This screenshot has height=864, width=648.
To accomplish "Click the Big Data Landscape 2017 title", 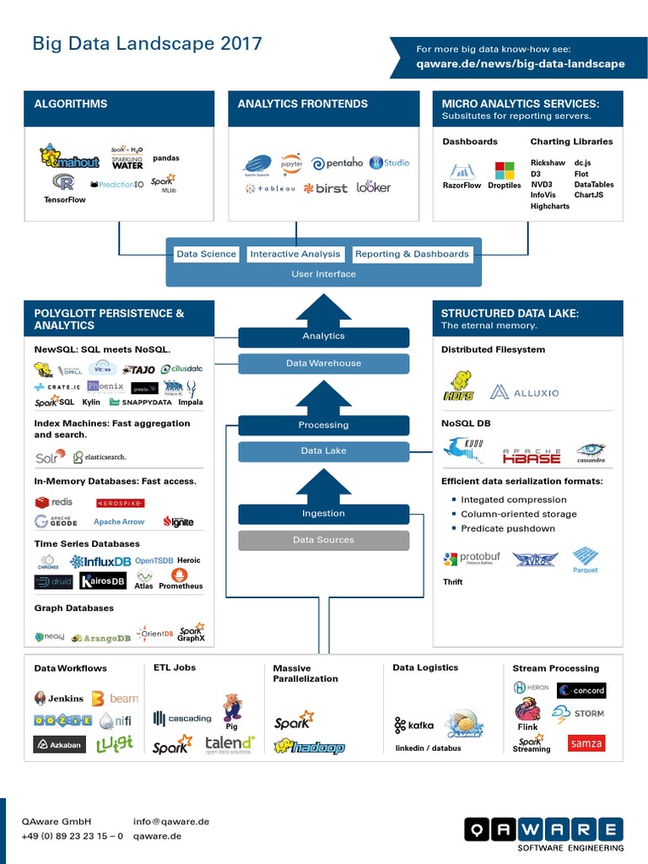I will point(147,44).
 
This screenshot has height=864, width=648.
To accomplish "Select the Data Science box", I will point(207,254).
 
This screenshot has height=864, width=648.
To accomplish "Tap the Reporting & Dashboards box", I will point(412,254).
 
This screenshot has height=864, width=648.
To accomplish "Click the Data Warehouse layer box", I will point(323,364).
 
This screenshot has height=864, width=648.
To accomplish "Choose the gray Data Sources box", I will point(323,540).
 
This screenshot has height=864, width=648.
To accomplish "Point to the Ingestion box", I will point(323,513).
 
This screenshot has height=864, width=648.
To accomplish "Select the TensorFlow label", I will point(65,200).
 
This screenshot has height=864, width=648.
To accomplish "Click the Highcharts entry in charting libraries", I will point(550,206).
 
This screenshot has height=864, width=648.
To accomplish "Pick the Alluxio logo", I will point(524,392).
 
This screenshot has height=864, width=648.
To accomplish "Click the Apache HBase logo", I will point(532,456).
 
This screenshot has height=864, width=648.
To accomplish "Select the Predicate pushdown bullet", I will point(507,528).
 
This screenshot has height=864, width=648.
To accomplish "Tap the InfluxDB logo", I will point(100,562).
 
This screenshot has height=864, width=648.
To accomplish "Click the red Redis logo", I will point(54,502).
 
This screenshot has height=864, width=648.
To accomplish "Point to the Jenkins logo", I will point(59,699).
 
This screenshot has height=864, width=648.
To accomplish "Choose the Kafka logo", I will point(413,725).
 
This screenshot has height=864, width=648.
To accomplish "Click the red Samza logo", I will point(586,743).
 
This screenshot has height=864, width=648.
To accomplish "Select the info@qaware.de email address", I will point(171,821).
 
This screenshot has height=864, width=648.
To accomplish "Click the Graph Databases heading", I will point(73,607).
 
